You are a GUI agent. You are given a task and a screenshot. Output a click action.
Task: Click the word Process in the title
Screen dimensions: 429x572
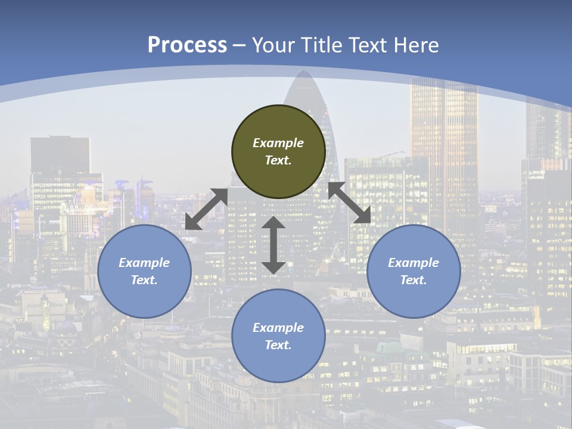coord(187,45)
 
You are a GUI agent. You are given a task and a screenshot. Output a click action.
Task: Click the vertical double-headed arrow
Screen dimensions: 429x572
coord(273,245)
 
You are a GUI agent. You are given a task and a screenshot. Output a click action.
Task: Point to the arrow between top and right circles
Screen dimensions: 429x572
coord(349,203)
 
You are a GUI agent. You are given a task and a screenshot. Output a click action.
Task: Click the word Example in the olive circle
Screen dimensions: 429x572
coord(278,143)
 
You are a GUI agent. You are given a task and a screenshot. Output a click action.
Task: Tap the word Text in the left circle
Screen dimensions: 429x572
coord(144,280)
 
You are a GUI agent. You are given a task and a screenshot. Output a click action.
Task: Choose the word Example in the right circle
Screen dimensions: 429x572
coord(414,263)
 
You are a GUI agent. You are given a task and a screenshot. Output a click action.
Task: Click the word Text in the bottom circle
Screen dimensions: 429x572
coord(278,345)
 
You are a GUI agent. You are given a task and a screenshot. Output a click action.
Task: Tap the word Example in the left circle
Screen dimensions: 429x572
coord(144,263)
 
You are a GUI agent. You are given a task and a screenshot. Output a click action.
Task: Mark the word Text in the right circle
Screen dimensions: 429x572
coord(414,280)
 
